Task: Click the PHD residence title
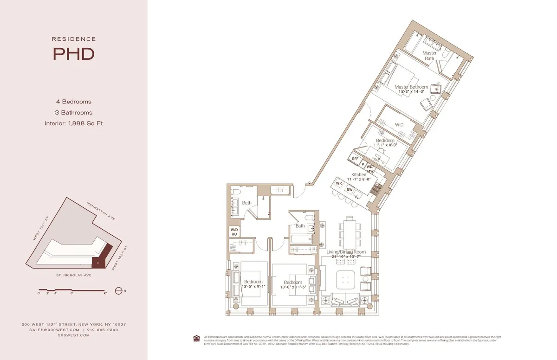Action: [73, 54]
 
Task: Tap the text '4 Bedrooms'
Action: [73, 102]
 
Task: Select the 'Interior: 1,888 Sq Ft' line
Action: [73, 123]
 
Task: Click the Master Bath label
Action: [429, 56]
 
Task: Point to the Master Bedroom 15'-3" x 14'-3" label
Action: [411, 89]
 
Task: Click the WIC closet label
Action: [399, 125]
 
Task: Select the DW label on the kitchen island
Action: [350, 189]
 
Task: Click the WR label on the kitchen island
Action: [339, 184]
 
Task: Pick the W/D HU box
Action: [234, 231]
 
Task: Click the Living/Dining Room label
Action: [345, 254]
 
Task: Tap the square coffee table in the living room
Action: [345, 280]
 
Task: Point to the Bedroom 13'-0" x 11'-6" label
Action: [293, 285]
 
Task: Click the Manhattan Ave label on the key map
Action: [101, 211]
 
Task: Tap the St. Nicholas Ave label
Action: [73, 275]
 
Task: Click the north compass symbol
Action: [118, 291]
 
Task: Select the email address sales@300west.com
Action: [53, 330]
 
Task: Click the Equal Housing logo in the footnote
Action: [197, 337]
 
